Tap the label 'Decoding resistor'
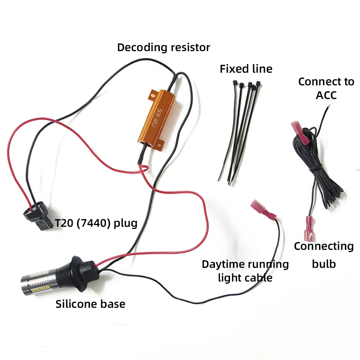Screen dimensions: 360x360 point(163,47)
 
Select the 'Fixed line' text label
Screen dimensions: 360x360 point(246,69)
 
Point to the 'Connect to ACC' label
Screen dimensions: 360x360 point(326,88)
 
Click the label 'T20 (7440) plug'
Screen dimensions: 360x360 point(96,223)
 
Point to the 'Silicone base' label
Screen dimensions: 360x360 point(90,304)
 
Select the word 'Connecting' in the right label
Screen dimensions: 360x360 point(324,246)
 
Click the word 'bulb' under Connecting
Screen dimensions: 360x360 point(324,264)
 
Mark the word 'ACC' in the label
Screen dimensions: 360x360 point(326,95)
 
